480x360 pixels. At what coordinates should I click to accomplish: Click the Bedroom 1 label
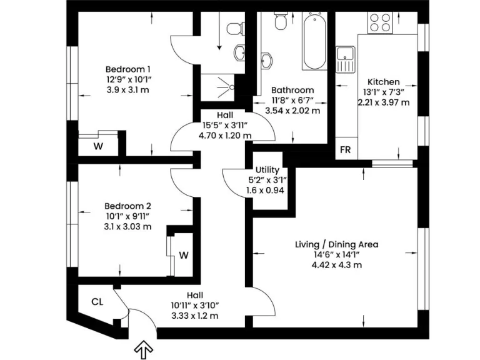click(x=127, y=69)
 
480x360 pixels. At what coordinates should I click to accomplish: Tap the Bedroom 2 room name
click(x=127, y=206)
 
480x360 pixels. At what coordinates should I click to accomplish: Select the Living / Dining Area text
click(x=336, y=244)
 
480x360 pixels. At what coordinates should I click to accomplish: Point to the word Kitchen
click(x=383, y=82)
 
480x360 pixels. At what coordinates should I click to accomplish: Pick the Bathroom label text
click(x=292, y=91)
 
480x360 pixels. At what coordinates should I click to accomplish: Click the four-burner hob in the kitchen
click(x=380, y=23)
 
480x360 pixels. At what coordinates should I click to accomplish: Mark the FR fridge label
click(x=344, y=150)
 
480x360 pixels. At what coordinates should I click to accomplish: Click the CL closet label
click(x=97, y=302)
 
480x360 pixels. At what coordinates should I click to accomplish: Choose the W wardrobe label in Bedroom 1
click(x=98, y=147)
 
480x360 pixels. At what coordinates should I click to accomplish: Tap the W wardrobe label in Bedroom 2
click(x=184, y=255)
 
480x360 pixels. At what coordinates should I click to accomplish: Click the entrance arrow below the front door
click(x=144, y=351)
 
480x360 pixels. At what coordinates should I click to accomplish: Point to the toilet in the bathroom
click(x=281, y=22)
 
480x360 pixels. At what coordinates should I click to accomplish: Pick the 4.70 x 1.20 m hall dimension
click(x=225, y=135)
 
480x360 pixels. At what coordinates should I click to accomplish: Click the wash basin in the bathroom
click(x=267, y=60)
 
